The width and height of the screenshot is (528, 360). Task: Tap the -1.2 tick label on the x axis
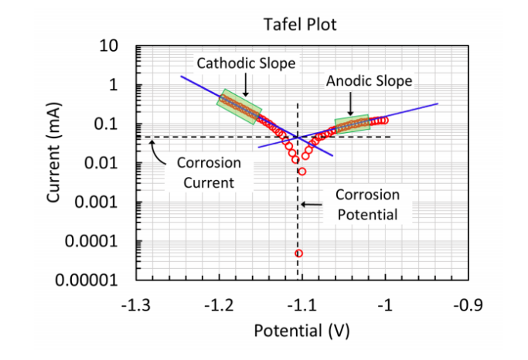point(220,304)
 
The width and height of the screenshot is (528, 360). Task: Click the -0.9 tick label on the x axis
point(467,304)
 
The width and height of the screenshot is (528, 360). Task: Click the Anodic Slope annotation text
point(369,80)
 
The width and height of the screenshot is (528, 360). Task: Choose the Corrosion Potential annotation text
point(367,205)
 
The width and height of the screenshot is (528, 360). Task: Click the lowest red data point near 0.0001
point(298,253)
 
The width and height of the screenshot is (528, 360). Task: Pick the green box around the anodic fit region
point(351,125)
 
